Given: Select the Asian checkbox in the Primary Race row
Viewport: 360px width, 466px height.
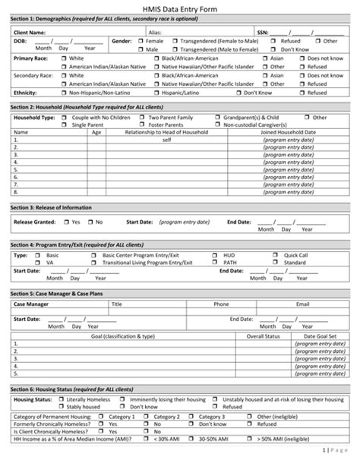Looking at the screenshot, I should click(x=265, y=58).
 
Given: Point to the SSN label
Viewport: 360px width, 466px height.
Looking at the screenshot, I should click(x=262, y=33).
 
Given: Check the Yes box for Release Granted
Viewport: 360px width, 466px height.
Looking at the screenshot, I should click(x=66, y=222).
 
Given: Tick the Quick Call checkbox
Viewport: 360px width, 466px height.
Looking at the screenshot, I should click(x=278, y=255).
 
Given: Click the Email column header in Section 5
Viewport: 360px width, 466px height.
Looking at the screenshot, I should click(x=302, y=304).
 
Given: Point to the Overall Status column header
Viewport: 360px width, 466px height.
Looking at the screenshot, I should click(x=265, y=335).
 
